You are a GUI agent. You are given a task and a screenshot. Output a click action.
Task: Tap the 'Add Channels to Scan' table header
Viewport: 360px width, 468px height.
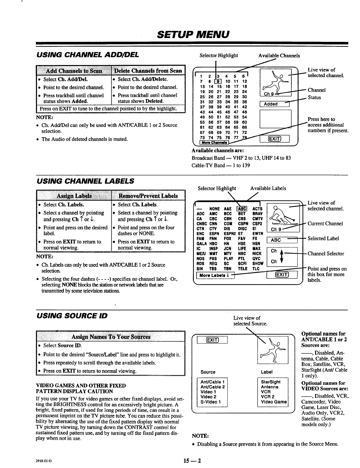tap(73, 71)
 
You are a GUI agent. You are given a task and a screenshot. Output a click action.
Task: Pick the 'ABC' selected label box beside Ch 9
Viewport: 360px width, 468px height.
tap(282, 240)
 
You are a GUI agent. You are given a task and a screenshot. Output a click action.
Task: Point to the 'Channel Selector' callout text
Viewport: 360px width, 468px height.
tap(326, 254)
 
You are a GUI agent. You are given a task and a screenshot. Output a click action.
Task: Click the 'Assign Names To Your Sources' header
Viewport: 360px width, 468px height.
tap(110, 337)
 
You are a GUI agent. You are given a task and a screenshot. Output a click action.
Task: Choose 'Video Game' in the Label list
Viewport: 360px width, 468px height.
tap(274, 402)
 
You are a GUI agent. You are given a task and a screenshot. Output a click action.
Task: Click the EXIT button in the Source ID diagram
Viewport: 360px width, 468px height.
tap(212, 340)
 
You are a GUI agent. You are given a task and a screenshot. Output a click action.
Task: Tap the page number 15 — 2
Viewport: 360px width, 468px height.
tap(192, 461)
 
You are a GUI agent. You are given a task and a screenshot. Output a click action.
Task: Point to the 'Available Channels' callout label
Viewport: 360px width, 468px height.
tap(279, 56)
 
